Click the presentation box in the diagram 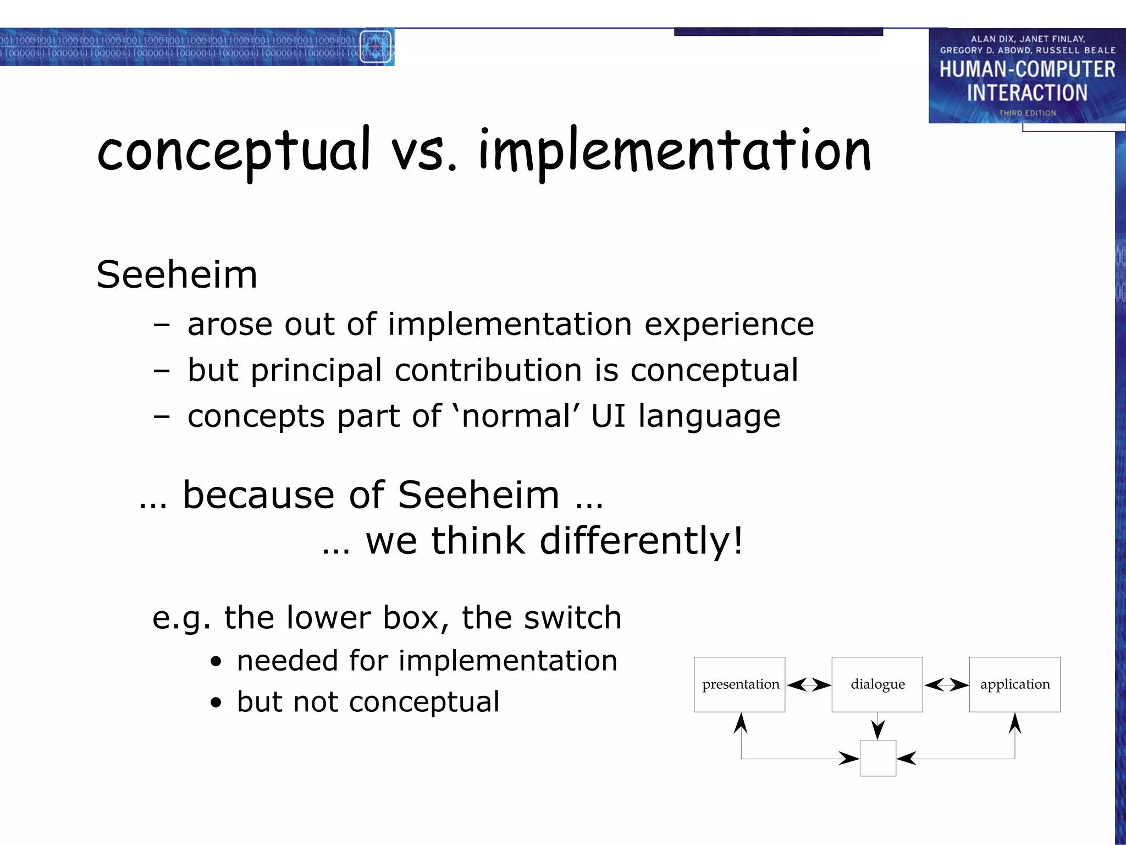coord(739,684)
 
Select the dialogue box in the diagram coord(877,684)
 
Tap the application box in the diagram coord(1014,684)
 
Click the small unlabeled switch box coord(877,758)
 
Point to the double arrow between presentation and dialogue coord(808,685)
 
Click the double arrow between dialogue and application coord(946,685)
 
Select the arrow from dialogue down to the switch coord(877,726)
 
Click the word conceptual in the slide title coord(234,151)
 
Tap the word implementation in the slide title coord(675,151)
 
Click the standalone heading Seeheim coord(177,275)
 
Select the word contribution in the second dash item coord(488,370)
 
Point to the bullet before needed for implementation coord(216,662)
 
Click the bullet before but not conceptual coord(216,703)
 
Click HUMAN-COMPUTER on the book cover coord(1027,69)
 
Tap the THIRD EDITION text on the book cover coord(1027,113)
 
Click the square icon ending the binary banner coord(376,47)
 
